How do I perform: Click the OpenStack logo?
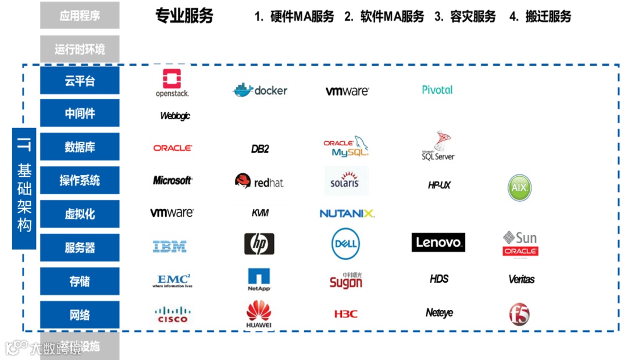[x=172, y=83]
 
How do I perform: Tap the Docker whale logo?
[x=260, y=90]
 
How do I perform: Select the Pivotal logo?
[x=437, y=90]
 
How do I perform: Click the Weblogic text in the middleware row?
[x=175, y=116]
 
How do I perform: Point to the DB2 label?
[x=260, y=149]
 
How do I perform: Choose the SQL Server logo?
[x=438, y=146]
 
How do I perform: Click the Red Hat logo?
[x=259, y=182]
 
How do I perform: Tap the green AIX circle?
[x=519, y=188]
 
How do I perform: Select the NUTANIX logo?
[x=347, y=213]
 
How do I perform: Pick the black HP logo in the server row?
[x=259, y=244]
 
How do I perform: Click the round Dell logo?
[x=346, y=243]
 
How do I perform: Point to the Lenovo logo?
[x=438, y=243]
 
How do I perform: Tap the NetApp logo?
[x=259, y=280]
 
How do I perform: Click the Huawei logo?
[x=259, y=315]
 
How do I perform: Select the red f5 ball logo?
[x=519, y=315]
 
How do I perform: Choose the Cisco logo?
[x=173, y=315]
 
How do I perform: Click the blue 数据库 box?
[x=80, y=147]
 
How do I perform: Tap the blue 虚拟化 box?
[x=80, y=214]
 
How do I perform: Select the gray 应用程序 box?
[x=80, y=16]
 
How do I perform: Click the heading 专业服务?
[x=184, y=16]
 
